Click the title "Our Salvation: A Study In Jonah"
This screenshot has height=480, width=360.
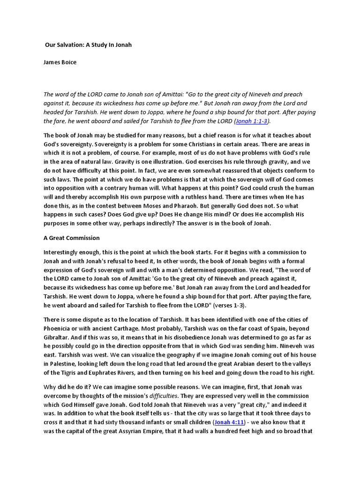point(88,45)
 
